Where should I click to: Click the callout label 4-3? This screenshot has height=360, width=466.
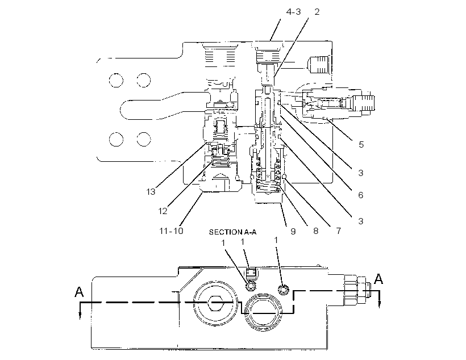[293, 12]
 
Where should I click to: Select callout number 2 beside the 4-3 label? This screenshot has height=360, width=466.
[317, 12]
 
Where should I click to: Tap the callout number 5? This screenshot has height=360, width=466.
[361, 145]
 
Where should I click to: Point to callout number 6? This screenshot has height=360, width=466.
[361, 195]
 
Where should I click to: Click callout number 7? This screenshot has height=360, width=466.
[339, 231]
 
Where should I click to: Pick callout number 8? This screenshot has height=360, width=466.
[315, 231]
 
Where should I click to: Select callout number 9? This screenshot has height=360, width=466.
[293, 231]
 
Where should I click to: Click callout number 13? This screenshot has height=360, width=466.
[151, 192]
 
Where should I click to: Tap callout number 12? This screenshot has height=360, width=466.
[163, 211]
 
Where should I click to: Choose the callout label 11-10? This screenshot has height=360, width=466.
[171, 231]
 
